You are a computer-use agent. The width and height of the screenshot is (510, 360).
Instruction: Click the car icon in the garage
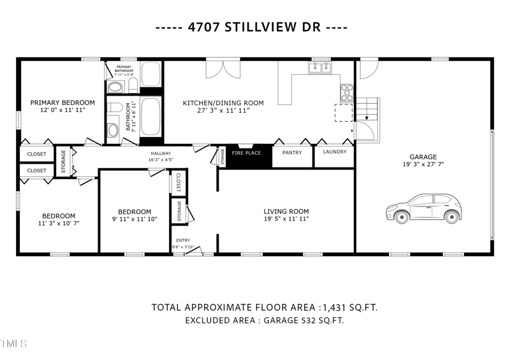pos(423,208)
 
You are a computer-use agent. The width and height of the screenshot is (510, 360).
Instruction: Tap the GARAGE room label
pos(423,157)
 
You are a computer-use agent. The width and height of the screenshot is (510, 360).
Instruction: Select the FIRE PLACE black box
pos(246,154)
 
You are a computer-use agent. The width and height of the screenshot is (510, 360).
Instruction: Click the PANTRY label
pos(292,153)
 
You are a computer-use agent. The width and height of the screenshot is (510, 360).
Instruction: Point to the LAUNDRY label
pos(335,152)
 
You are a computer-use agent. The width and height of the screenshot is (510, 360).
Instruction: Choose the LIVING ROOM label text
pos(286,212)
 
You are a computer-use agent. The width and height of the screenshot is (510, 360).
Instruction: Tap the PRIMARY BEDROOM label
pos(62,103)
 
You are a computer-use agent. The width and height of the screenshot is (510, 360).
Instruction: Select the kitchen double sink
pos(319,67)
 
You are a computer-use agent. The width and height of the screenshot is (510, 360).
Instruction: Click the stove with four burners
pos(347,93)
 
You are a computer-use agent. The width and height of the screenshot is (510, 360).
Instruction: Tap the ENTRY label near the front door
pos(183,240)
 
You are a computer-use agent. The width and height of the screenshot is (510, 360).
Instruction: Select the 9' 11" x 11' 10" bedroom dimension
pos(135,220)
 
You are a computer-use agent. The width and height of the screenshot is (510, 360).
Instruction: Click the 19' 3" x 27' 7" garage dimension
pos(423,164)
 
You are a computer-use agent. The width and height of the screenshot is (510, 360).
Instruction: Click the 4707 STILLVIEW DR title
pos(255,29)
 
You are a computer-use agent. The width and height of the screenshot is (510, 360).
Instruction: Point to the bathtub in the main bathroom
pos(150,117)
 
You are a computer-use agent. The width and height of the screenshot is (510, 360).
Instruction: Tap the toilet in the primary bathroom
pos(116,87)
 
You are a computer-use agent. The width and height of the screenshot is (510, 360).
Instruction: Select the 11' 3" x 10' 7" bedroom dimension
pos(59,224)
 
